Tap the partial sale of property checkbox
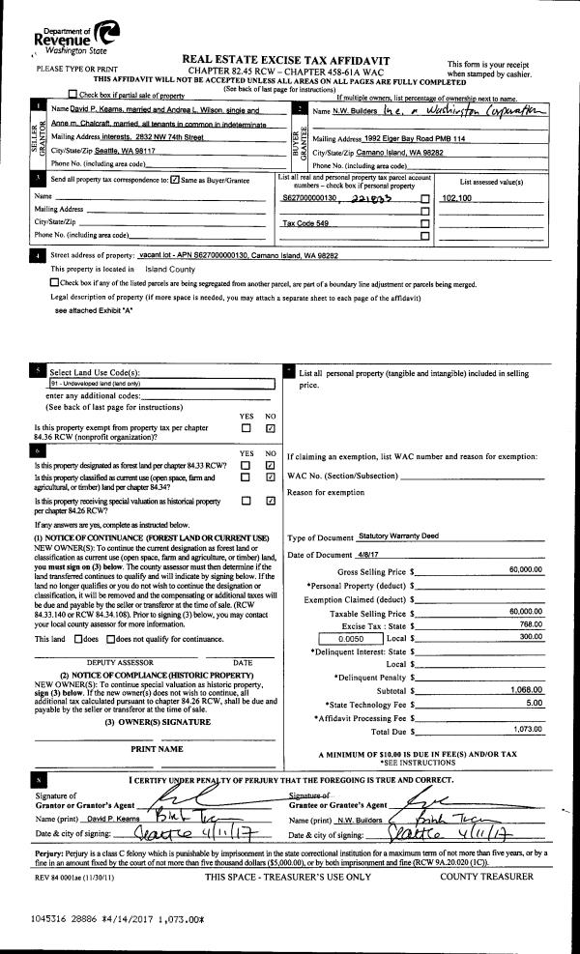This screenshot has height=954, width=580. click(x=73, y=95)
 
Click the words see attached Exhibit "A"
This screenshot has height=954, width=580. click(x=96, y=311)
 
